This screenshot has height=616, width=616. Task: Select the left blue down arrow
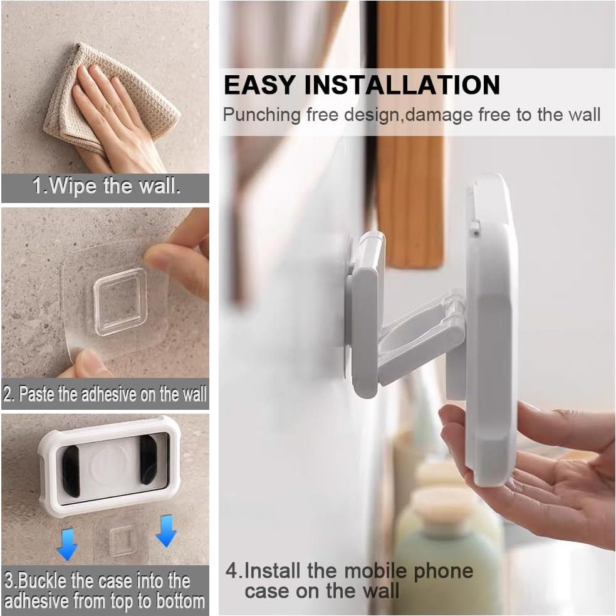[x=67, y=543]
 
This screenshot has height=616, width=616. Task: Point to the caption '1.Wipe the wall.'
[x=106, y=186]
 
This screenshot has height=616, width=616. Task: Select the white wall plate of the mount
[x=363, y=313]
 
